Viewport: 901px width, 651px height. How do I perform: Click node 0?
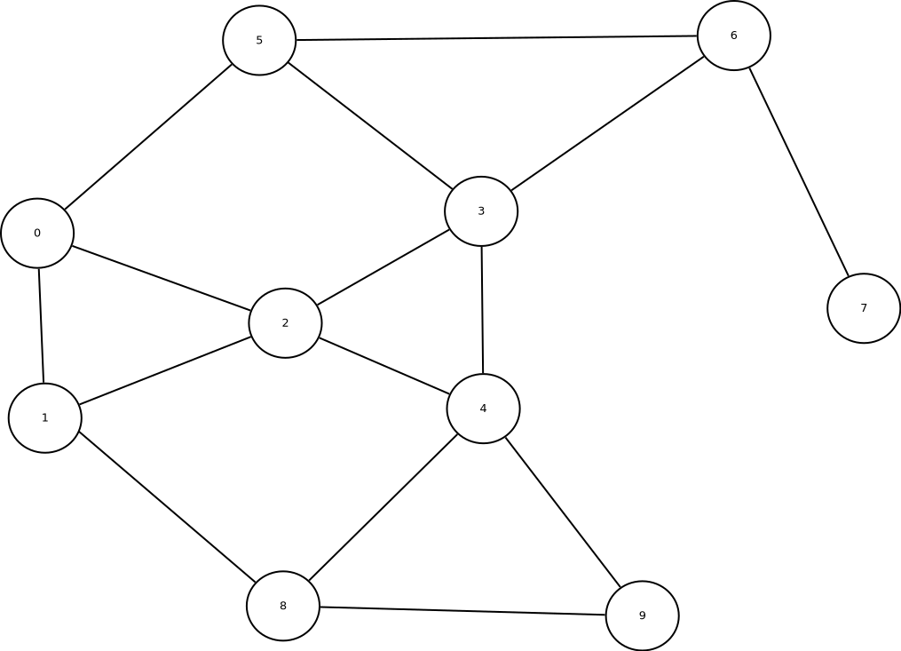(x=37, y=234)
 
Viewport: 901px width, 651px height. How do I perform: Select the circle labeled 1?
(x=45, y=418)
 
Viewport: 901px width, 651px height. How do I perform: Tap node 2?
(x=285, y=323)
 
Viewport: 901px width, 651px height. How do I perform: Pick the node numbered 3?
(x=481, y=211)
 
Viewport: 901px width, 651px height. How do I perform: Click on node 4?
(x=483, y=409)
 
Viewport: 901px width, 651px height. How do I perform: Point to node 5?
(x=259, y=41)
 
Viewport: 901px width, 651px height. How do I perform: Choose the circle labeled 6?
(x=733, y=36)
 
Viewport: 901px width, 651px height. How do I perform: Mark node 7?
(x=864, y=308)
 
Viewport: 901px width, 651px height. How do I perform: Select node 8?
(x=283, y=606)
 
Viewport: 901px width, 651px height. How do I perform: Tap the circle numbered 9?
(x=642, y=615)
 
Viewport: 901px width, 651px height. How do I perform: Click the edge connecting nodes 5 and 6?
(x=496, y=38)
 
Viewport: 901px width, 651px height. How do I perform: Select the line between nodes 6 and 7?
(x=799, y=171)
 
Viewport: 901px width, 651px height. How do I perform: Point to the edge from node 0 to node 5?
(x=148, y=137)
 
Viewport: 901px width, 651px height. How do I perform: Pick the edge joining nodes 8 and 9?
(x=462, y=611)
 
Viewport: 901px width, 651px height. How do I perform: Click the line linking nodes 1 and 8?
(x=167, y=507)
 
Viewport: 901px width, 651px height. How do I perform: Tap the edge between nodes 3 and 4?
(x=482, y=310)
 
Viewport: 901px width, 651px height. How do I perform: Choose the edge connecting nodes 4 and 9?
(x=563, y=512)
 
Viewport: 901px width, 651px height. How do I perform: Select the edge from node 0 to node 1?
(x=41, y=326)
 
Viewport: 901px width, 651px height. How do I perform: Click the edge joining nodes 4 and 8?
(x=383, y=507)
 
